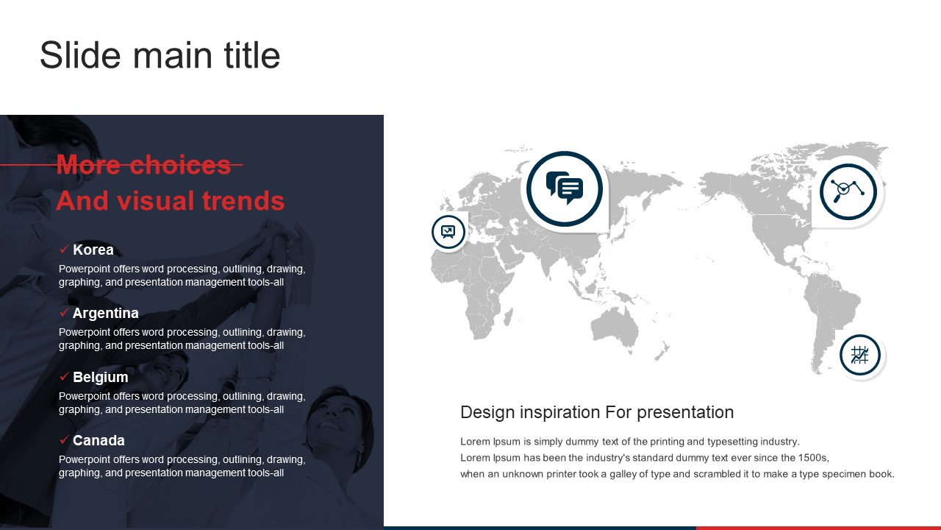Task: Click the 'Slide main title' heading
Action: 160,55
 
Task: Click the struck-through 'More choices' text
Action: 143,164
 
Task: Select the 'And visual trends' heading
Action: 171,201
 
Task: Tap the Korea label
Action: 93,250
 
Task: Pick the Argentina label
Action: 105,313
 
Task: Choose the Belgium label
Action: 101,377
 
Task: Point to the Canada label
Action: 99,440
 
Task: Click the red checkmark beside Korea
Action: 64,249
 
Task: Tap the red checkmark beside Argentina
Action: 64,313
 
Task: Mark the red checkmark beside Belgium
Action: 64,376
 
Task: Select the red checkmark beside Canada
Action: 64,440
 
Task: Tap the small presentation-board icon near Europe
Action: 448,232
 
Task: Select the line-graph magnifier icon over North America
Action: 848,191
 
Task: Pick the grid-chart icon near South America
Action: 859,356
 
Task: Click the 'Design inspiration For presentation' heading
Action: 597,412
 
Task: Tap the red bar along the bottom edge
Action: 818,528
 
